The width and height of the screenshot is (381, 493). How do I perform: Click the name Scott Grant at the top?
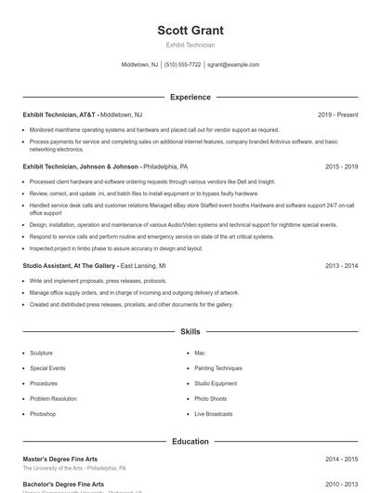[190, 31]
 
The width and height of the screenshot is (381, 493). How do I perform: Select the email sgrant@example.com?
[233, 65]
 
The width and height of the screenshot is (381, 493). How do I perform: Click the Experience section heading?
[190, 97]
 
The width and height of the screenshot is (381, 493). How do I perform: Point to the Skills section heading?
[190, 331]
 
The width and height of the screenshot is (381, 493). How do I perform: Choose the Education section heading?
[190, 442]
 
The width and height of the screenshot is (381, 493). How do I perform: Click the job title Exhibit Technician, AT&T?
[59, 114]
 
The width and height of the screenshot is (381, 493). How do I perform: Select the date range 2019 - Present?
[337, 114]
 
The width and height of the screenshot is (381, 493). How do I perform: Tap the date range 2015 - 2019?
[341, 167]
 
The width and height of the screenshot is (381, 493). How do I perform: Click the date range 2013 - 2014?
[341, 265]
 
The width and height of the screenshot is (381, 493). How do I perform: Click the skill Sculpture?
[41, 353]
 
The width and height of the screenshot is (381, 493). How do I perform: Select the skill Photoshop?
[43, 414]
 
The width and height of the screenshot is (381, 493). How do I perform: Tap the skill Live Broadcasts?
[214, 414]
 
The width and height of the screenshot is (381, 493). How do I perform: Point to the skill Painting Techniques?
[218, 368]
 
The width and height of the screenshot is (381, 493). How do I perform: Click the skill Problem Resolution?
[53, 398]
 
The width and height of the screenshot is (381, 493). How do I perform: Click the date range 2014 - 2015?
[341, 459]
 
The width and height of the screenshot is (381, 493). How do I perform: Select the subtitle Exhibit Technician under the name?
[190, 45]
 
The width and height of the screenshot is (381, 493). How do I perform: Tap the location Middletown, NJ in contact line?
[139, 65]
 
